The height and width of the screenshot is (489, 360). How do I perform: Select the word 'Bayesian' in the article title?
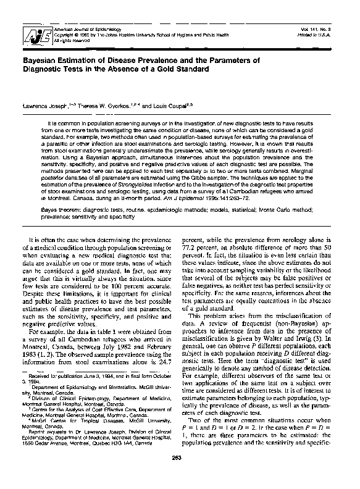[x=42, y=60]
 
